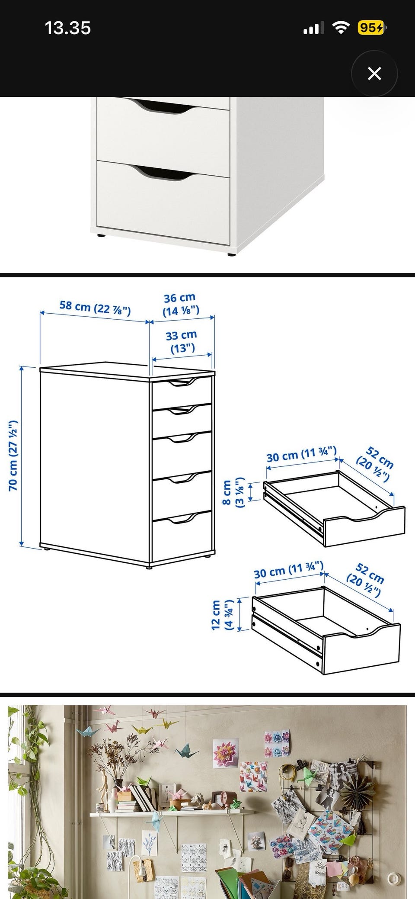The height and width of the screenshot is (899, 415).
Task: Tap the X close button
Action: coord(374,74)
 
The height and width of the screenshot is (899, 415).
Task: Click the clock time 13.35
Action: coord(68,28)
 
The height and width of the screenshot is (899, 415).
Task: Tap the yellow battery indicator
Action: coord(371,28)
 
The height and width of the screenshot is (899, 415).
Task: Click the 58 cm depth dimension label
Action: coord(95,308)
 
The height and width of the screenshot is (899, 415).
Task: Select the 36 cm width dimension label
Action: coord(181,304)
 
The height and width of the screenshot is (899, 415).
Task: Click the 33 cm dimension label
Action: coord(182,341)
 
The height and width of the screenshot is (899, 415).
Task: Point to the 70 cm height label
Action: coord(13,455)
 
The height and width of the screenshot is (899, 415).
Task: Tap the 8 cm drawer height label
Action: coord(233,493)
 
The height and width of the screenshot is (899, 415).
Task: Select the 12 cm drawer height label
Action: coord(222,614)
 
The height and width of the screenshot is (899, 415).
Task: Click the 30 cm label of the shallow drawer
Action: coord(301,454)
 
